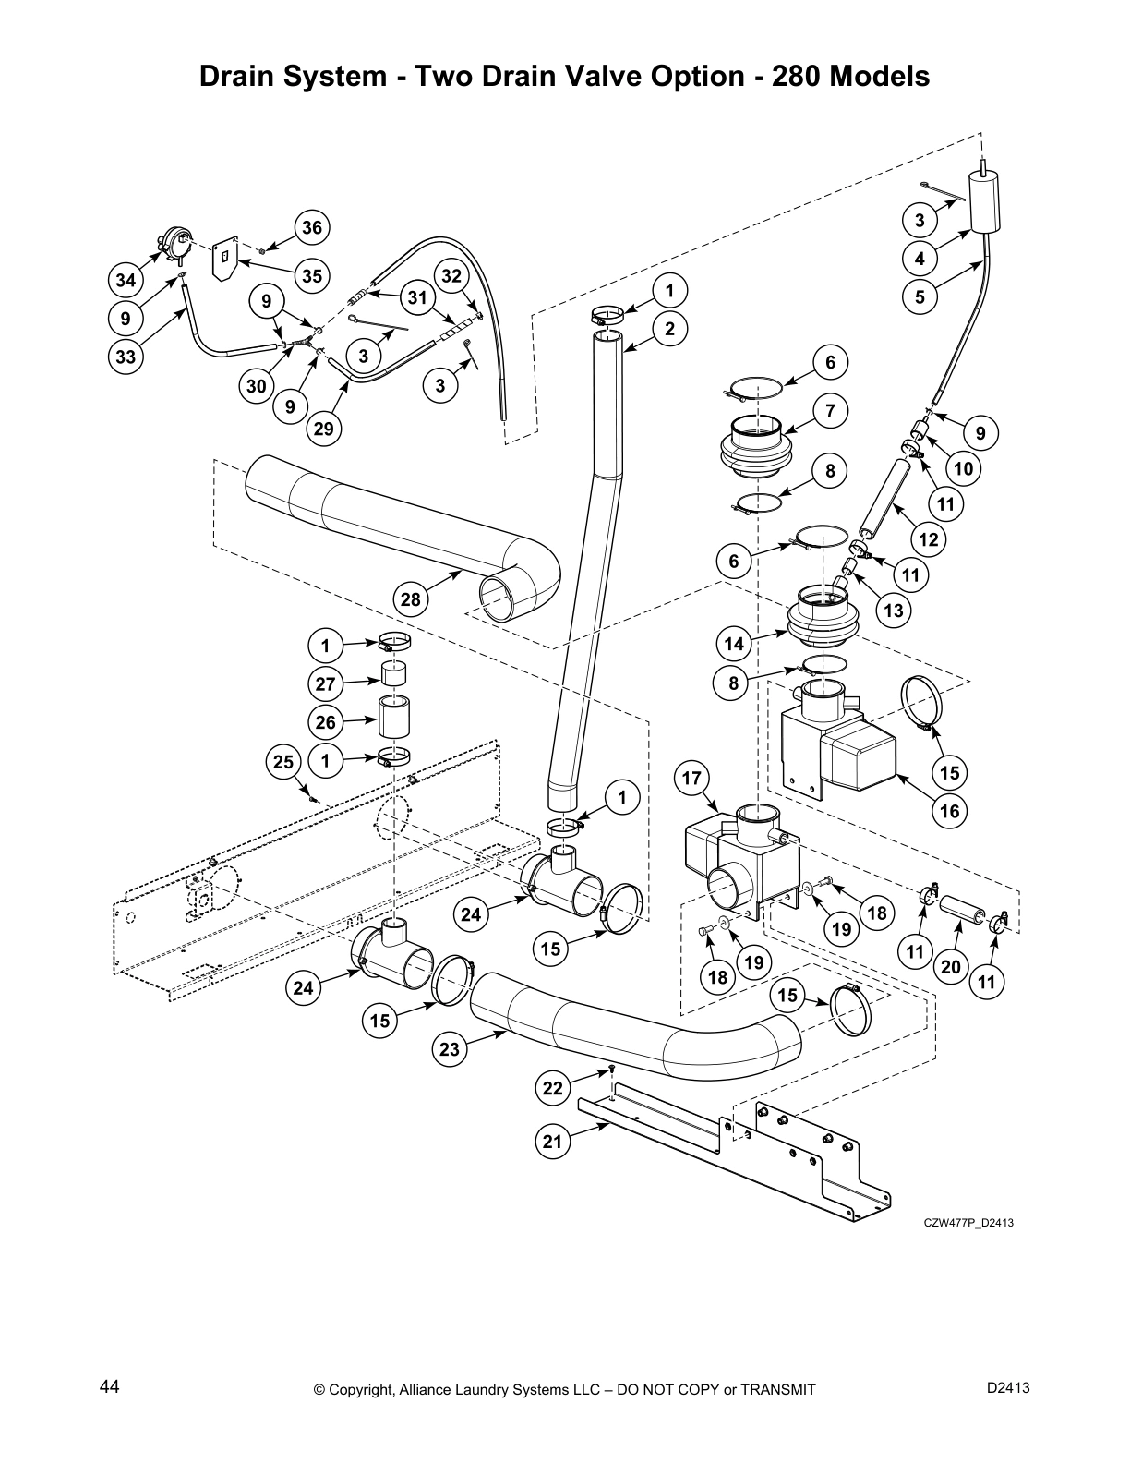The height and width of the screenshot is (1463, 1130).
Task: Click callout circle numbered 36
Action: coord(312,228)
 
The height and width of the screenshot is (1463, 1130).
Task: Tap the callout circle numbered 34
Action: coord(125,280)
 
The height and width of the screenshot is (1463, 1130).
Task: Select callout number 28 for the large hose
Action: coord(411,599)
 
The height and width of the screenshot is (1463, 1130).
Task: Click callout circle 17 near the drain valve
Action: coord(692,778)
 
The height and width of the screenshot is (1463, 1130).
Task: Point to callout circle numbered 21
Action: coord(552,1142)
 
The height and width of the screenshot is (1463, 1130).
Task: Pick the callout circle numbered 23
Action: coord(449,1049)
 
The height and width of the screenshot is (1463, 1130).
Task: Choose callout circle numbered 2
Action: coord(669,329)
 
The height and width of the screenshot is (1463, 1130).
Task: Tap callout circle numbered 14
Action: coord(734,643)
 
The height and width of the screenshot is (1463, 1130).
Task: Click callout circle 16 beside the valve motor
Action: coord(950,811)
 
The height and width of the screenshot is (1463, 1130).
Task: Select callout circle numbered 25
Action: coord(283,761)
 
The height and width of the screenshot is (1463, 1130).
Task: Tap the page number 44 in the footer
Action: coord(109,1386)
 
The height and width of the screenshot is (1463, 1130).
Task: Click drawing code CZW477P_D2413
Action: coord(969,1223)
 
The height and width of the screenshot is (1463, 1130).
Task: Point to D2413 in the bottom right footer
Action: coord(1008,1387)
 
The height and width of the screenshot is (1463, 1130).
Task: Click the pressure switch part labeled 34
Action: coord(173,245)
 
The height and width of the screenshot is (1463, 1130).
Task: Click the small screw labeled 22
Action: coord(611,1069)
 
